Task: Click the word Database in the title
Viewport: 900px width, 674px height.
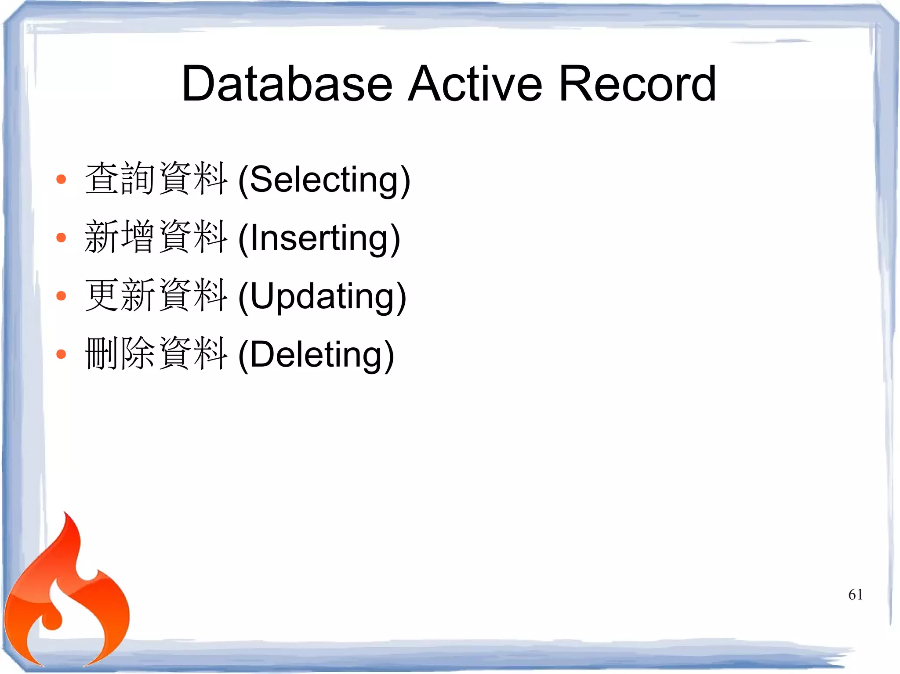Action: (x=287, y=83)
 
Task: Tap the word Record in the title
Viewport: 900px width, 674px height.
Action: (x=638, y=83)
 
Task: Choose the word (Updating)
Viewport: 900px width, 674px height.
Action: (x=322, y=296)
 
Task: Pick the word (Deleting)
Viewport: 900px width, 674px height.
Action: (x=316, y=354)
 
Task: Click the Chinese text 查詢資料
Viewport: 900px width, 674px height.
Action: (x=156, y=179)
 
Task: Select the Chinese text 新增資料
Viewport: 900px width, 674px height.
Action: (x=156, y=237)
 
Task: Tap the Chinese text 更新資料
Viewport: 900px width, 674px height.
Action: (x=156, y=296)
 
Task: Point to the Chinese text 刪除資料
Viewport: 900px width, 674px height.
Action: (x=156, y=354)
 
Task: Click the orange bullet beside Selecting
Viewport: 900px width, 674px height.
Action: (x=61, y=179)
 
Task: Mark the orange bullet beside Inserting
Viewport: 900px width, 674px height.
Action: (x=61, y=238)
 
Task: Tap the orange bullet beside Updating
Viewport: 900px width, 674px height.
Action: (x=61, y=296)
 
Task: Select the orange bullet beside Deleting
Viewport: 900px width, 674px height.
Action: (x=61, y=354)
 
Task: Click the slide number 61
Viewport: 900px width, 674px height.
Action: (x=855, y=595)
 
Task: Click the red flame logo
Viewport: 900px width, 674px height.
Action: (x=66, y=602)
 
